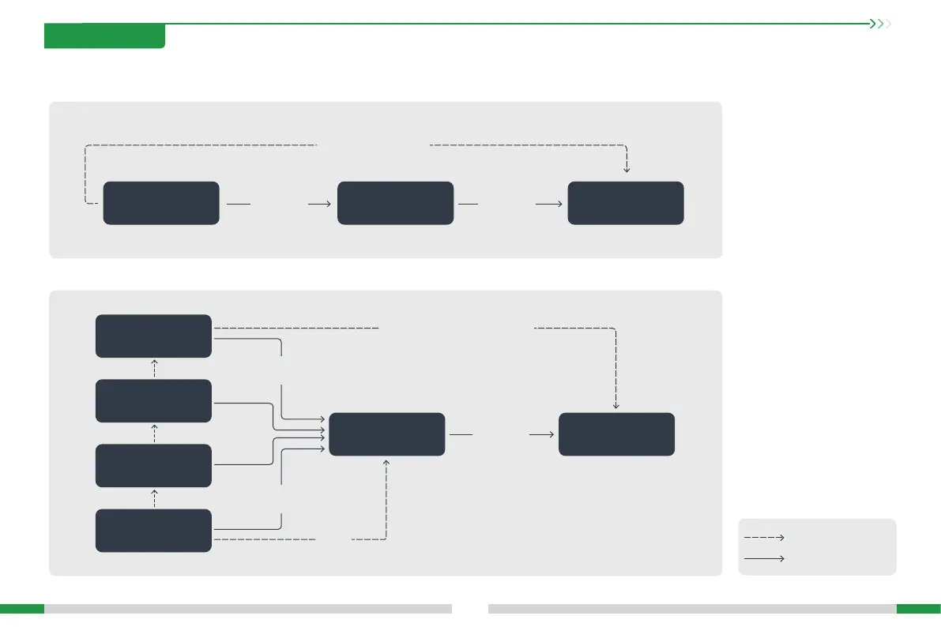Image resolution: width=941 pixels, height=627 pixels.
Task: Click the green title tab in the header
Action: tap(104, 36)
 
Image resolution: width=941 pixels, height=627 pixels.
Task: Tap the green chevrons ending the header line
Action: tap(880, 24)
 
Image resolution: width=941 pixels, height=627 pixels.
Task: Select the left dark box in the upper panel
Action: tap(161, 203)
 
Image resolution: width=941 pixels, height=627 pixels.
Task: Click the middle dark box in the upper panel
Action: tap(395, 203)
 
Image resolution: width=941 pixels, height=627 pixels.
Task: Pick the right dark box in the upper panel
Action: tap(626, 203)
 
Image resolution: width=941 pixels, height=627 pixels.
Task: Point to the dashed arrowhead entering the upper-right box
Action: tap(627, 169)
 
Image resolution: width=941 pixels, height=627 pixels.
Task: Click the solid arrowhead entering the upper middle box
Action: tap(327, 203)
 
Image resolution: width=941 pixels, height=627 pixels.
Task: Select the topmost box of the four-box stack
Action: tap(153, 336)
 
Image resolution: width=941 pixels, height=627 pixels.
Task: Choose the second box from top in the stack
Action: tap(153, 400)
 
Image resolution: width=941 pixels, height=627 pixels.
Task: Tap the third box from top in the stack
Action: tap(153, 466)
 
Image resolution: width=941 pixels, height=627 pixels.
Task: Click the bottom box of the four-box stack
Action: tap(153, 531)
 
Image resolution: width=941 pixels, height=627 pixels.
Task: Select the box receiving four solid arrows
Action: tap(386, 434)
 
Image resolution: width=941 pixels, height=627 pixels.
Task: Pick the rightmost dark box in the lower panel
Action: tap(616, 434)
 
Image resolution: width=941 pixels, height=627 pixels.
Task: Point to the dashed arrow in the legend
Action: tap(764, 537)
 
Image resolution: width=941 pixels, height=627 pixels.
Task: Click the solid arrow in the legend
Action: tap(764, 558)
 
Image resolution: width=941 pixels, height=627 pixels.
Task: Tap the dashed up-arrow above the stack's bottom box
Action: tap(154, 497)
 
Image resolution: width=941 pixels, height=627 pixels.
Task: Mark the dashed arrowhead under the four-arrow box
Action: tap(386, 461)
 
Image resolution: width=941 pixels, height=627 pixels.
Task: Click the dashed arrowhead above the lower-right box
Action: tap(616, 406)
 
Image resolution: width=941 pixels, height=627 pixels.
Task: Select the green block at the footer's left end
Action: tap(22, 609)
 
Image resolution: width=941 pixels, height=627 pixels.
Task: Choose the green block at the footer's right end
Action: tap(918, 609)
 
